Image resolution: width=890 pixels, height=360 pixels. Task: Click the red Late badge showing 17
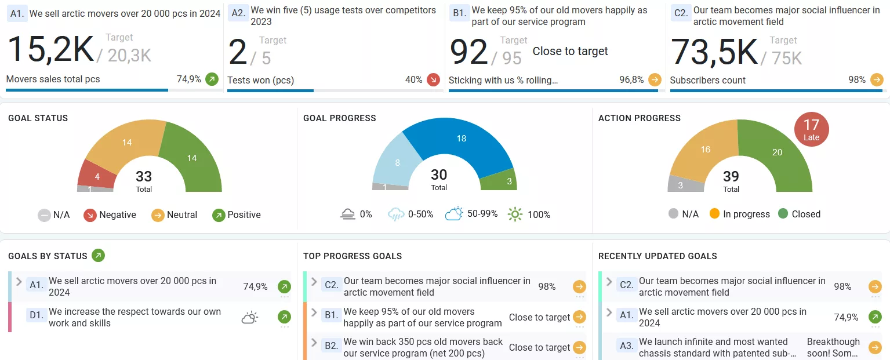811,129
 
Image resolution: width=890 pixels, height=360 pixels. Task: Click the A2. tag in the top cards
238,13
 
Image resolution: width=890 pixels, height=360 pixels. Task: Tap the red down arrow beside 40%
433,79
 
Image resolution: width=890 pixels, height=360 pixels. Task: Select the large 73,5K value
714,52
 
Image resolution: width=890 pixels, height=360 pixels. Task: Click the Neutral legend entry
175,215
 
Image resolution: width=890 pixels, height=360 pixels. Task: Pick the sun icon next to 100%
515,214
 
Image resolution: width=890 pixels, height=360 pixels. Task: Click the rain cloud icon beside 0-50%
396,214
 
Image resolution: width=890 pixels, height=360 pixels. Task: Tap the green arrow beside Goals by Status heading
98,256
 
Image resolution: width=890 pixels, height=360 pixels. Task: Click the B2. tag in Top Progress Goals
331,346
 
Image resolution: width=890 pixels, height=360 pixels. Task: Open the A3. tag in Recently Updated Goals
626,346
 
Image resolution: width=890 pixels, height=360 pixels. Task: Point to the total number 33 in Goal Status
144,176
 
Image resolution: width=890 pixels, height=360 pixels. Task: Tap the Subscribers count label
707,80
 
